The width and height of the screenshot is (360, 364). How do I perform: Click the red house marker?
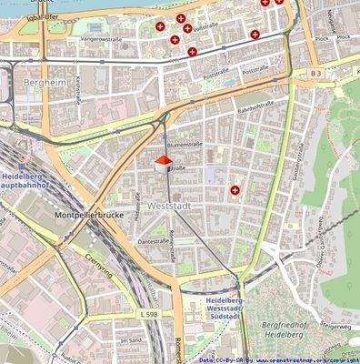coord(163,163)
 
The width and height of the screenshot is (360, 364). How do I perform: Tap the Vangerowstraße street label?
coord(102,39)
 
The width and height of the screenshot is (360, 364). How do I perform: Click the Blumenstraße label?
coord(185,144)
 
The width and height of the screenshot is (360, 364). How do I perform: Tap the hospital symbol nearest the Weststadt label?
coord(235,190)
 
